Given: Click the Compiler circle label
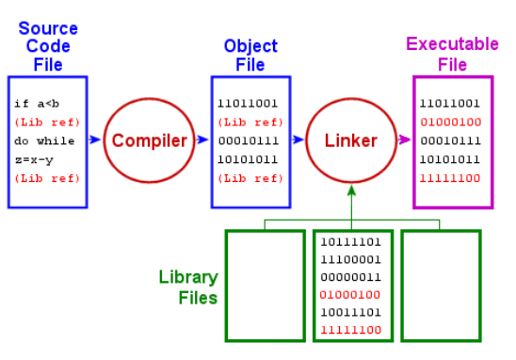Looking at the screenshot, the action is click(x=150, y=141).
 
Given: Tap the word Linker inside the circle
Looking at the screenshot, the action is click(x=351, y=140).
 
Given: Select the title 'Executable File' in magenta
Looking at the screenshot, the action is click(x=453, y=54).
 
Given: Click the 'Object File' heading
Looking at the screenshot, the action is click(x=250, y=55).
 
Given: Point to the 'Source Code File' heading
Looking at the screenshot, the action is click(x=48, y=46).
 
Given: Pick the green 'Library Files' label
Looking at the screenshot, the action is click(x=188, y=286).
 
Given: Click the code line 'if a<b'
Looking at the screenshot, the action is click(x=37, y=104).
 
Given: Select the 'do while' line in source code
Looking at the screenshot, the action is click(x=44, y=141).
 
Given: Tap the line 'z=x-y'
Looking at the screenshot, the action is click(x=34, y=160).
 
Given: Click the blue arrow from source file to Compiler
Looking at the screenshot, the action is click(x=95, y=139).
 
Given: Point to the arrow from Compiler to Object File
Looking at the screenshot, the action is click(x=202, y=139).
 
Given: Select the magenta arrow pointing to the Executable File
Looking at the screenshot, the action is click(x=405, y=139).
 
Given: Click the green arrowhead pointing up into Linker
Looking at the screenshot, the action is click(x=351, y=189).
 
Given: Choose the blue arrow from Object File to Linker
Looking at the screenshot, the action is click(x=298, y=139).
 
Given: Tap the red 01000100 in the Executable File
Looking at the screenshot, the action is click(x=451, y=123).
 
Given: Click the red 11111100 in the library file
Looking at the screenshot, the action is click(x=351, y=330).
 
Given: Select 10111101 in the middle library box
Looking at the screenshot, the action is click(x=351, y=242).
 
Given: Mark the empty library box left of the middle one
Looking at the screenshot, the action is click(x=266, y=286).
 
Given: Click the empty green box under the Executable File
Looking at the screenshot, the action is click(x=441, y=286).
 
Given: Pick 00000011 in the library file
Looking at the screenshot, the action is click(x=351, y=277).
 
